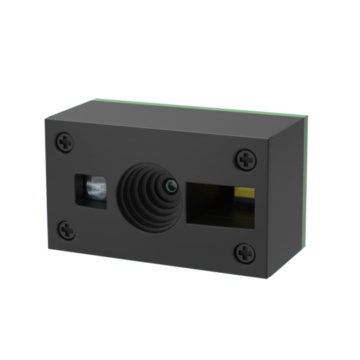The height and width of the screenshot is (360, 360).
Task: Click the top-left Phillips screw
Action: coord(66,143)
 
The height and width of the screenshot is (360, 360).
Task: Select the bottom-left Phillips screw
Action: coord(66,230)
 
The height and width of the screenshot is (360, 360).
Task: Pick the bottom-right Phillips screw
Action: coord(245,253)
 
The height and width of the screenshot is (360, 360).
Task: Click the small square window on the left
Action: coord(91,191)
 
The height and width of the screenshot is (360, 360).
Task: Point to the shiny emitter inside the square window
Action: coord(93,190)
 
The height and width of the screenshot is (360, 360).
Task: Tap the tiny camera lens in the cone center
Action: coord(170,186)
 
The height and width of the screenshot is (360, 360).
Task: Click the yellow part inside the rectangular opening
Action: coord(245,192)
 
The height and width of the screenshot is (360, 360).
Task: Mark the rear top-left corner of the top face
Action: coord(91,99)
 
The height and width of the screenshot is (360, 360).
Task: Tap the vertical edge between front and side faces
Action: coord(268,209)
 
